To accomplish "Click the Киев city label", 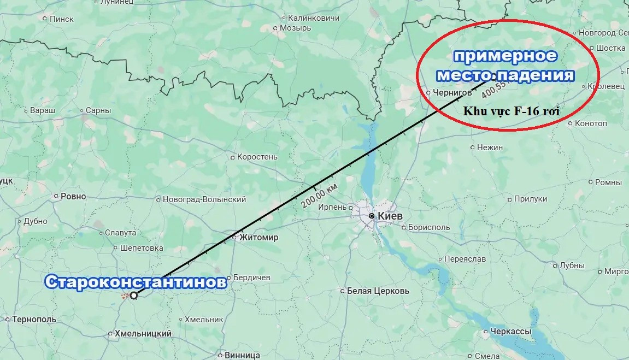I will click(390, 216).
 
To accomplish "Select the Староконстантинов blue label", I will click(136, 282).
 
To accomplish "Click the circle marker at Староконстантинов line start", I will click(133, 295).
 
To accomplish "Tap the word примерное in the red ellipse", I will click(505, 56).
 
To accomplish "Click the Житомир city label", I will click(258, 237).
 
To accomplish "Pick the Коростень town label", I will click(257, 157).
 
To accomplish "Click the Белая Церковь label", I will click(378, 291).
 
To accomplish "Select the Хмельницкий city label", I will click(143, 333).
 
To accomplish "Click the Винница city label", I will click(242, 355).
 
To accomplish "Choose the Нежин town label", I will click(490, 147).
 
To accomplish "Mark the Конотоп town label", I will click(591, 123).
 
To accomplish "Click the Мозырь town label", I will click(295, 28).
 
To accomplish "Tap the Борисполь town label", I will click(428, 227).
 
